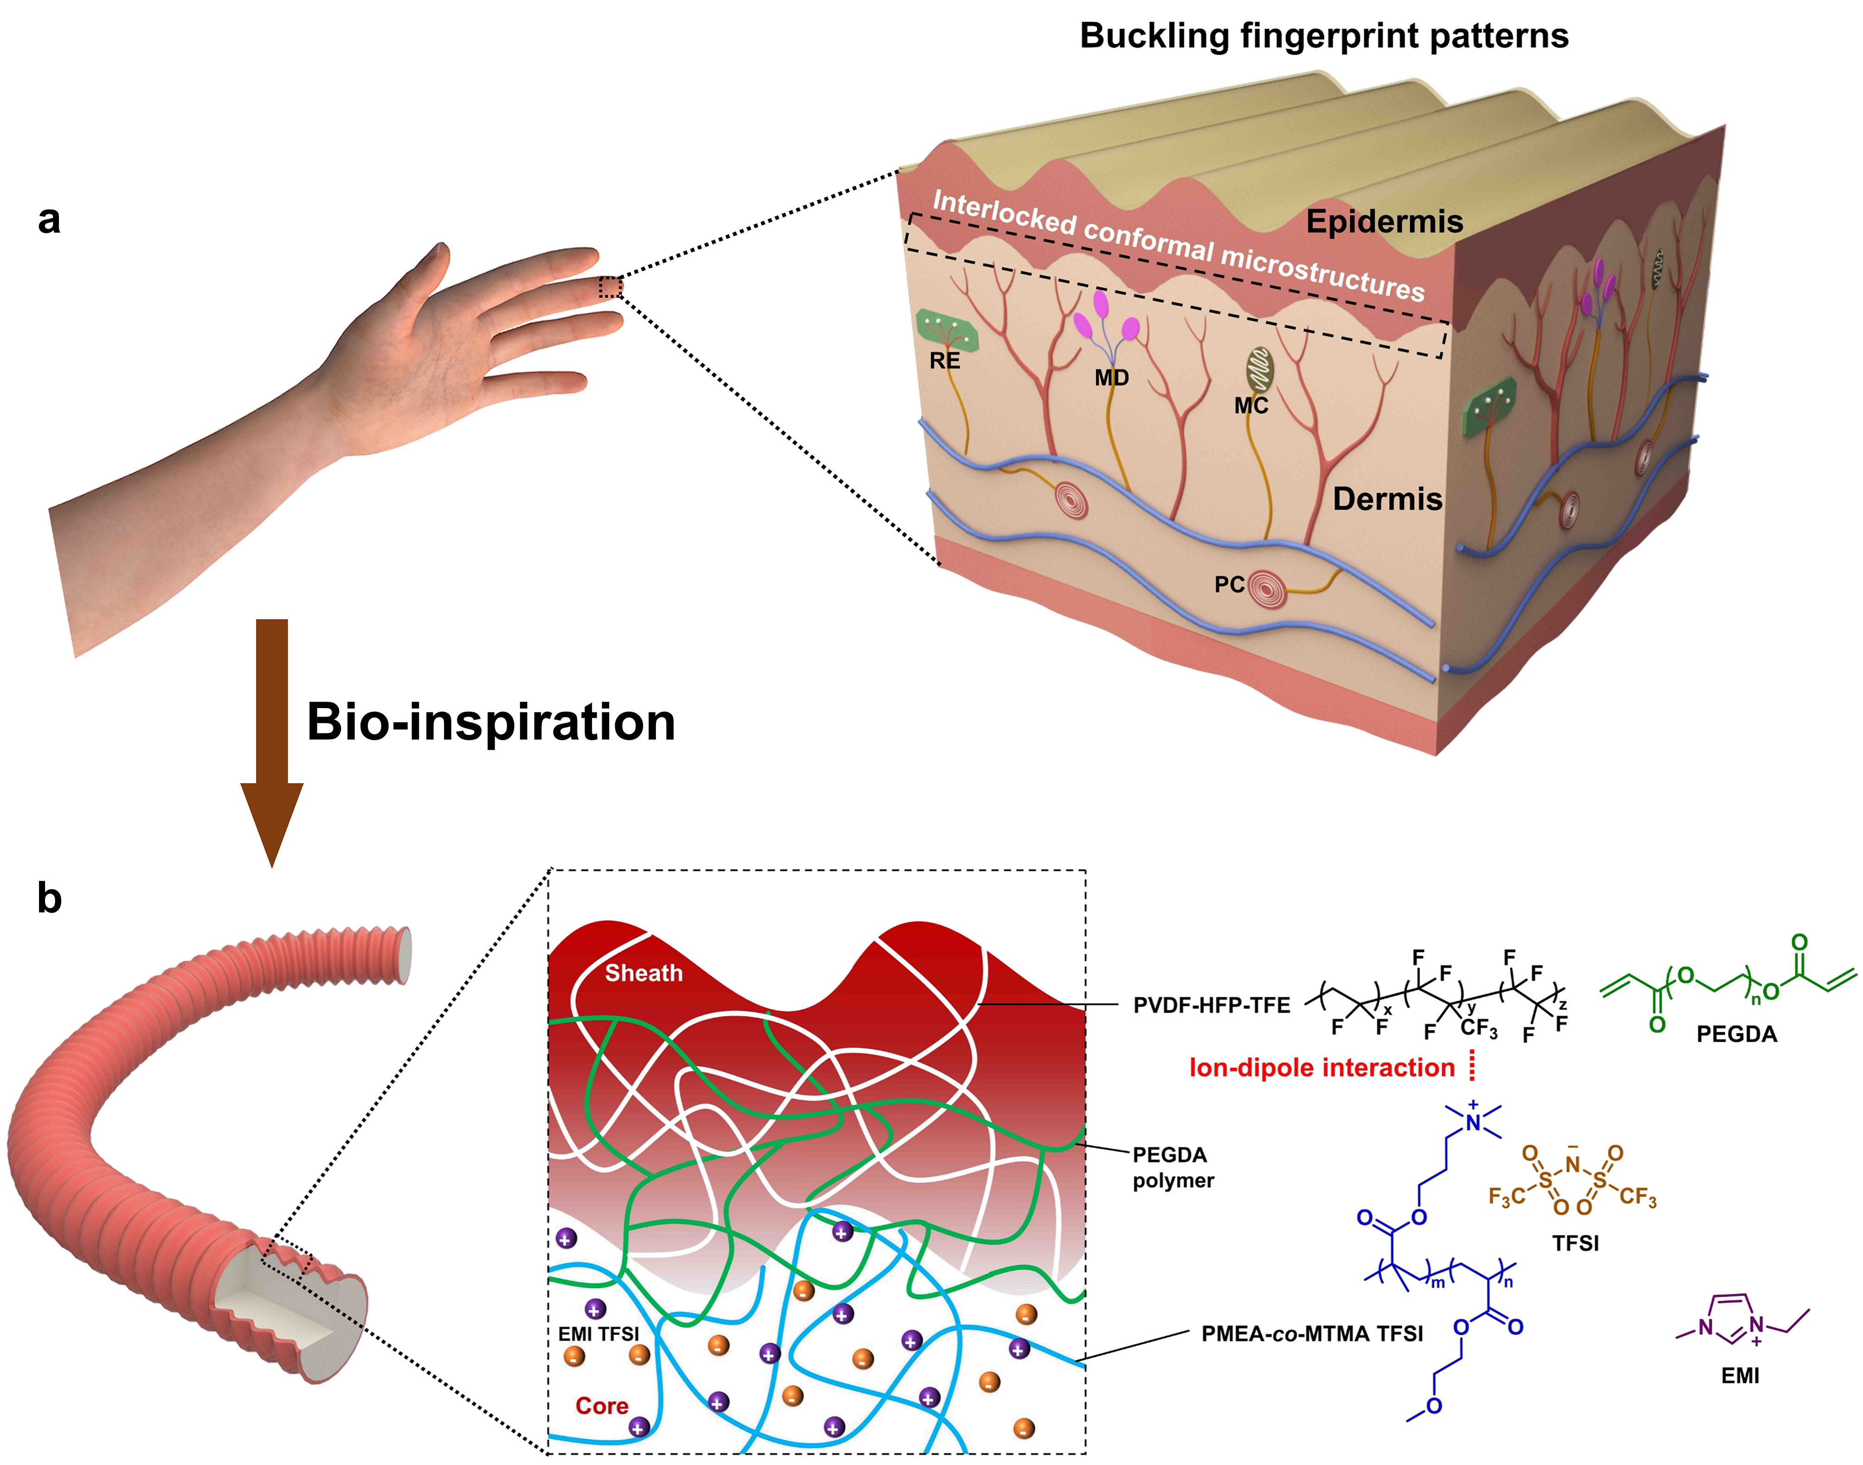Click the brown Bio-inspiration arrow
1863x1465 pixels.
271,742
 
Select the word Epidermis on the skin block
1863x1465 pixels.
1384,222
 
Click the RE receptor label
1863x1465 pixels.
945,361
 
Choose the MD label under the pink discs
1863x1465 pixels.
1111,377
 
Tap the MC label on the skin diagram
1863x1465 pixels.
1251,406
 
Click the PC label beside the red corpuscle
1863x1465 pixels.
1229,584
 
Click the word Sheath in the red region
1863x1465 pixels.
643,972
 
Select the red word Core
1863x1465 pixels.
602,1406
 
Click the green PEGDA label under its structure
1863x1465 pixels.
1737,1034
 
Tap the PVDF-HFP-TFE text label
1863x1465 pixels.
1212,1005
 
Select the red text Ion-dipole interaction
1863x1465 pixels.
1322,1068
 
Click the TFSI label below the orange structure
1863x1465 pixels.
1575,1243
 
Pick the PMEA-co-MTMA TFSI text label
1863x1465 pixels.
1312,1334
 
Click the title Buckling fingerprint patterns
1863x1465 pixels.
1324,36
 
